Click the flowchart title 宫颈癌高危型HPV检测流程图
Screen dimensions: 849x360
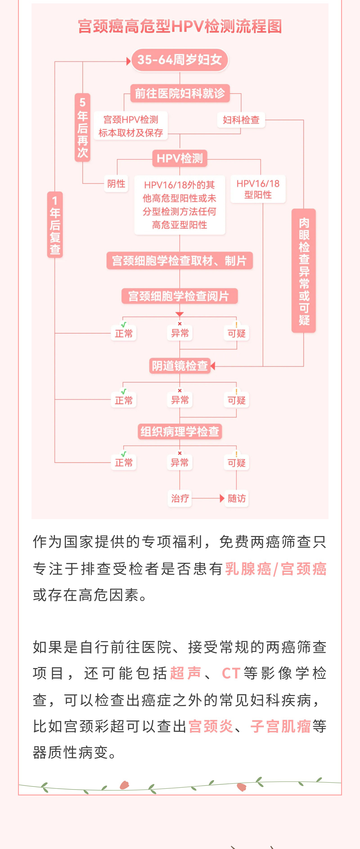point(180,26)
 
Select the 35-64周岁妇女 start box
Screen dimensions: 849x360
point(180,60)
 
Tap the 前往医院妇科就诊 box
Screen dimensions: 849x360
point(180,93)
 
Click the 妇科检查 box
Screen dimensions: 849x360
point(241,120)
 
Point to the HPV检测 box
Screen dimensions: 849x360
point(180,158)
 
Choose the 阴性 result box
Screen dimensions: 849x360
point(116,184)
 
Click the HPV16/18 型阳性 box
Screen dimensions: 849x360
point(258,189)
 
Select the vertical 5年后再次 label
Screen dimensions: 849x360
point(82,128)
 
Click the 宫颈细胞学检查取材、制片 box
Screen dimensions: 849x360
point(180,261)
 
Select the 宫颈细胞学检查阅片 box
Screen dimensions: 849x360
point(180,296)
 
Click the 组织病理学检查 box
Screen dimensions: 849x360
point(180,431)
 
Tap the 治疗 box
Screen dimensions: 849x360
point(180,498)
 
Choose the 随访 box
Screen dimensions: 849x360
point(237,498)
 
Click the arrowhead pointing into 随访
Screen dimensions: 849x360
point(222,498)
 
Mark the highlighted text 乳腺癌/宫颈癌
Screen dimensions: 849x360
point(276,569)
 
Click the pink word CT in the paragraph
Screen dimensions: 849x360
point(231,673)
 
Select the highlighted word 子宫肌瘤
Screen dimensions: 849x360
point(281,726)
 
